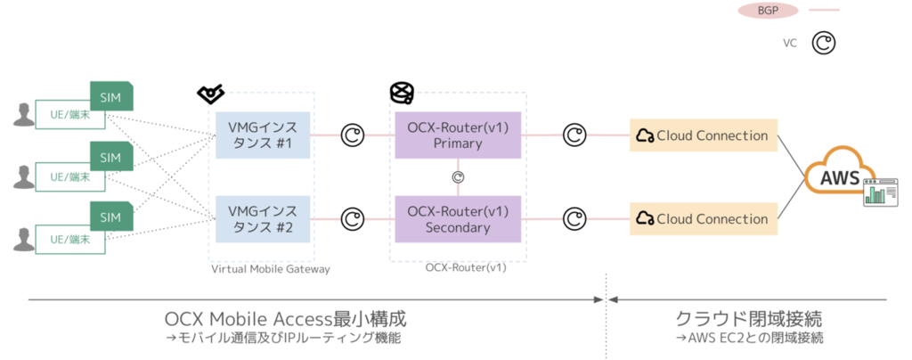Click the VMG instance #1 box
(x=262, y=135)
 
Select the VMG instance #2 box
(x=262, y=218)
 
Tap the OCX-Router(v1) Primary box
(x=457, y=135)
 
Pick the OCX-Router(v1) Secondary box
(x=457, y=218)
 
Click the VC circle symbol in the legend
(x=826, y=42)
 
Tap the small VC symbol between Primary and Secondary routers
(x=458, y=176)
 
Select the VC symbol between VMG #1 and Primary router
(x=353, y=135)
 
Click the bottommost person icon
(x=24, y=238)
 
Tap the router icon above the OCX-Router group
(x=402, y=91)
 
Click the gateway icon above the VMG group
(x=210, y=93)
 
